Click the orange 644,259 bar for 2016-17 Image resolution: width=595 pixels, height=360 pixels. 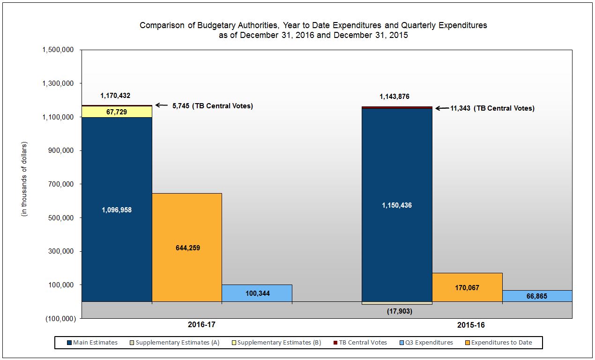[186, 247]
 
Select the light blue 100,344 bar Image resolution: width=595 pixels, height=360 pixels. [257, 293]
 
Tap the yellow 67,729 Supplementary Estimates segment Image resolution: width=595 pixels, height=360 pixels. [117, 112]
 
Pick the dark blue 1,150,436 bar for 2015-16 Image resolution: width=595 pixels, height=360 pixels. [397, 205]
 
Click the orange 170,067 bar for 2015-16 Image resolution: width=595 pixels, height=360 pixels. [467, 287]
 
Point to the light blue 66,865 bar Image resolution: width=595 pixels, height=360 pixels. [537, 296]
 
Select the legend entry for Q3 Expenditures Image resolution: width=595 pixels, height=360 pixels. [427, 343]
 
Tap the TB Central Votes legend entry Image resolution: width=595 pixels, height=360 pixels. [359, 343]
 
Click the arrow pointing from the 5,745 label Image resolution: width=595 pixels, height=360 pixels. [162, 105]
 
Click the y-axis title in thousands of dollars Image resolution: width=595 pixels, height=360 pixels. [24, 179]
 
